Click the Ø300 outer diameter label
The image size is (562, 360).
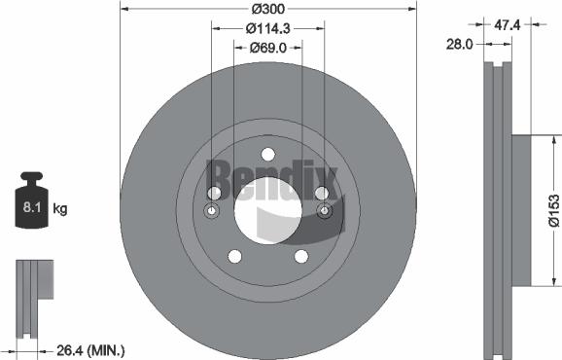[267, 9]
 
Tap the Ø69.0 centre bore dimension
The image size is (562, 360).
[267, 47]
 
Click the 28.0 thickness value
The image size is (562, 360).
[459, 44]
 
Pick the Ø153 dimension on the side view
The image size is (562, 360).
[551, 208]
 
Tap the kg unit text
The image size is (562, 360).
[60, 208]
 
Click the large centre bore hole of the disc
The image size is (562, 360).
[267, 210]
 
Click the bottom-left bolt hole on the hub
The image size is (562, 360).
[234, 256]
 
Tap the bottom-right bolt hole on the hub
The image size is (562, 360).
[301, 256]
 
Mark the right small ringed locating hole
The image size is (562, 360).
[324, 212]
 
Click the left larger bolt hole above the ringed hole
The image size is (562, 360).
[214, 193]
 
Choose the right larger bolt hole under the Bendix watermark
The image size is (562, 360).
[321, 193]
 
